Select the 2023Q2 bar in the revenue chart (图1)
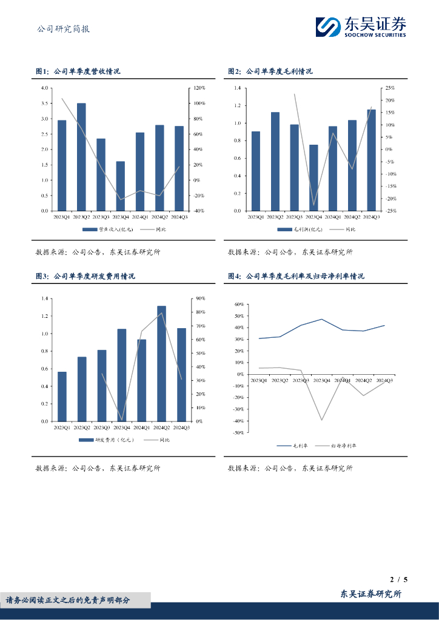coord(81,157)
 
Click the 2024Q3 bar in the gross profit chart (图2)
coord(372,160)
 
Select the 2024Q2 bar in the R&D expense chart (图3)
coord(161,363)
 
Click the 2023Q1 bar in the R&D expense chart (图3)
coord(62,396)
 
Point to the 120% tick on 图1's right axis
coord(199,88)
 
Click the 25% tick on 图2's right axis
coord(390,88)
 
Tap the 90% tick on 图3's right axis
coord(200,298)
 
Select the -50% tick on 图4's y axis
coord(238,433)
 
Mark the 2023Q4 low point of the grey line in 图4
coord(321,420)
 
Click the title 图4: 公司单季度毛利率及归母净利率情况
coord(296,276)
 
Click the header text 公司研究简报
coord(63,28)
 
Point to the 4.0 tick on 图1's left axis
coord(44,88)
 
